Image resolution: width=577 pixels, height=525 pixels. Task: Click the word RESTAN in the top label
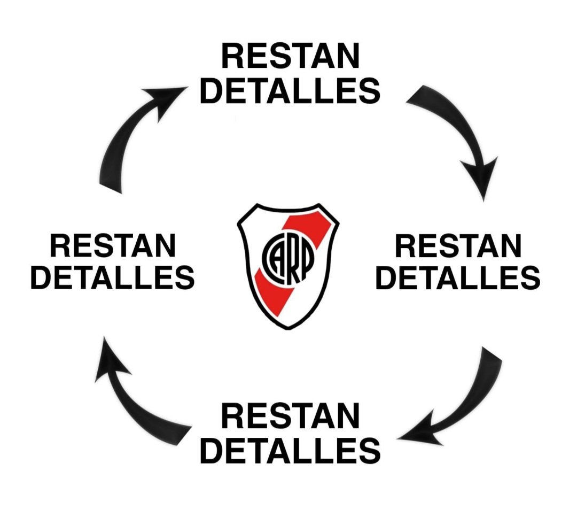click(290, 56)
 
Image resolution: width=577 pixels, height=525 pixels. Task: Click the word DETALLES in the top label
click(290, 90)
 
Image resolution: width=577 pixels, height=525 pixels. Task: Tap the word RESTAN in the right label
click(458, 246)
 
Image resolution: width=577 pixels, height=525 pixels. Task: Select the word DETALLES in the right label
click(458, 277)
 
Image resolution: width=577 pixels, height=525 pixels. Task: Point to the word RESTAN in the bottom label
click(290, 416)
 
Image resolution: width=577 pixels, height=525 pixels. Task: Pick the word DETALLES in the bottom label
click(290, 450)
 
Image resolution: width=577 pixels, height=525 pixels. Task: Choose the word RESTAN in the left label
click(113, 246)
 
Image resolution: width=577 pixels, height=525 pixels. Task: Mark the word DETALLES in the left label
click(113, 277)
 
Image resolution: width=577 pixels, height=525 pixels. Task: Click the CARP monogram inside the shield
click(288, 257)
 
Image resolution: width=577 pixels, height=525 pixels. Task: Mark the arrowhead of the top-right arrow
click(481, 177)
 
